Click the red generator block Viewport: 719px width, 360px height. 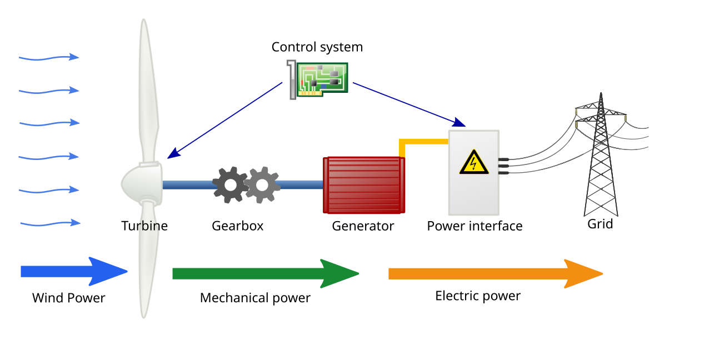(x=364, y=185)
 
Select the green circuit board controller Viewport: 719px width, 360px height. (x=322, y=78)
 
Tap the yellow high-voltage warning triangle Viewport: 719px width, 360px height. (x=474, y=162)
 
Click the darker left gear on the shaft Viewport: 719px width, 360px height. (x=230, y=185)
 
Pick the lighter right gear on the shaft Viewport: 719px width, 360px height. (x=262, y=185)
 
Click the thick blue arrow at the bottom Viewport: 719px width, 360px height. (x=72, y=271)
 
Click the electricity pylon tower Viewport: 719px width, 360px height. (x=601, y=167)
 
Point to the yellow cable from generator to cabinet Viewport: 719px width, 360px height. (x=422, y=142)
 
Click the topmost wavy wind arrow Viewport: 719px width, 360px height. (x=49, y=57)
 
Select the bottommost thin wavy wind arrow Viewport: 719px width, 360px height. (x=50, y=223)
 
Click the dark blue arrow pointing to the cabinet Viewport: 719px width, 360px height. (x=408, y=103)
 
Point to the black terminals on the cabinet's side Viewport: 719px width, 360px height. (x=504, y=166)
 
